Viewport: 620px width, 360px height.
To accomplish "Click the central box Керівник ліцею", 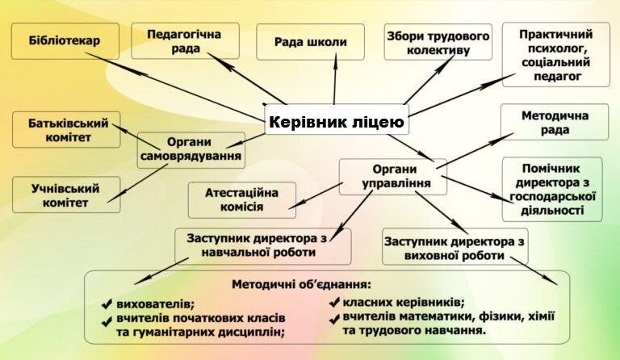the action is point(337,119).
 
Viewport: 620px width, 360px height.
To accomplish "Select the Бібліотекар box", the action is point(65,41).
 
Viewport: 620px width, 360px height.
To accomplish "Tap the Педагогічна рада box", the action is point(185,41).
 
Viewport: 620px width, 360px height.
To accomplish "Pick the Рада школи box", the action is point(310,42).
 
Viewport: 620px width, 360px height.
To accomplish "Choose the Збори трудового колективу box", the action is point(438,42).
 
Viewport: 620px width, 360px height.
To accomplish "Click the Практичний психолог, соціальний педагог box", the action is point(556,55).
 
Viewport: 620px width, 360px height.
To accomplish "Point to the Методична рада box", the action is point(555,122).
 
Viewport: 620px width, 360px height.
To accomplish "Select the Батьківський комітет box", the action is point(66,130).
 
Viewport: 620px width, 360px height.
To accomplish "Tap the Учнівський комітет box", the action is point(66,195).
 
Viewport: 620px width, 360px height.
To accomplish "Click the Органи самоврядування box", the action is point(191,150).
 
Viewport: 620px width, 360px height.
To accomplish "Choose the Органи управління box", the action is point(393,177).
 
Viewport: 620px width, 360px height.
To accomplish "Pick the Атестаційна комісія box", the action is point(242,200).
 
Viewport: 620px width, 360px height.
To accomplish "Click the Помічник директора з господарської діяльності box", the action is point(552,190).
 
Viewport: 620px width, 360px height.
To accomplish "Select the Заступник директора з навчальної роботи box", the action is point(263,246).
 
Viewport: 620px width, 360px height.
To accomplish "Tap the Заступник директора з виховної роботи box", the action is point(455,246).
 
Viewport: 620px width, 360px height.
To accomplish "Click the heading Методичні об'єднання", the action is point(301,284).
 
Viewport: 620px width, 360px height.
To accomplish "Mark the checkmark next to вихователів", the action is point(107,304).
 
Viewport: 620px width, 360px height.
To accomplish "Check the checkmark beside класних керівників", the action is point(334,303).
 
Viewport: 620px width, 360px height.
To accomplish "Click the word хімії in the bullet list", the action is point(541,316).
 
